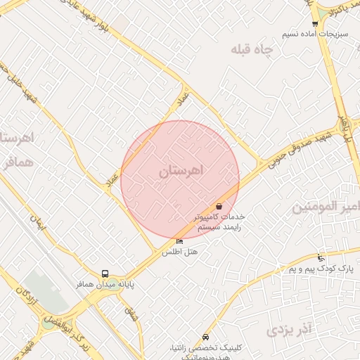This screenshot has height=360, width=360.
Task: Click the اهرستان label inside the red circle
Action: (x=181, y=171)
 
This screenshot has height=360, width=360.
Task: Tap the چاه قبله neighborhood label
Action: (x=251, y=51)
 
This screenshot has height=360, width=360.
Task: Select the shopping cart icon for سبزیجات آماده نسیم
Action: (x=314, y=24)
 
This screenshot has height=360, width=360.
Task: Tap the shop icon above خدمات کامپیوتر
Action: (x=220, y=207)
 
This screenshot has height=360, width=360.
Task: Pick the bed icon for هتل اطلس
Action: (x=179, y=242)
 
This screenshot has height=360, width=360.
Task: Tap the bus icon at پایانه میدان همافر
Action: (x=105, y=274)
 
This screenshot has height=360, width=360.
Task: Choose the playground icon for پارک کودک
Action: (x=321, y=257)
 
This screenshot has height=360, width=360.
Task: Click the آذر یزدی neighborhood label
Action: (x=290, y=328)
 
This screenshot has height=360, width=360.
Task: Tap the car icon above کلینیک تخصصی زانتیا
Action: (x=205, y=337)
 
